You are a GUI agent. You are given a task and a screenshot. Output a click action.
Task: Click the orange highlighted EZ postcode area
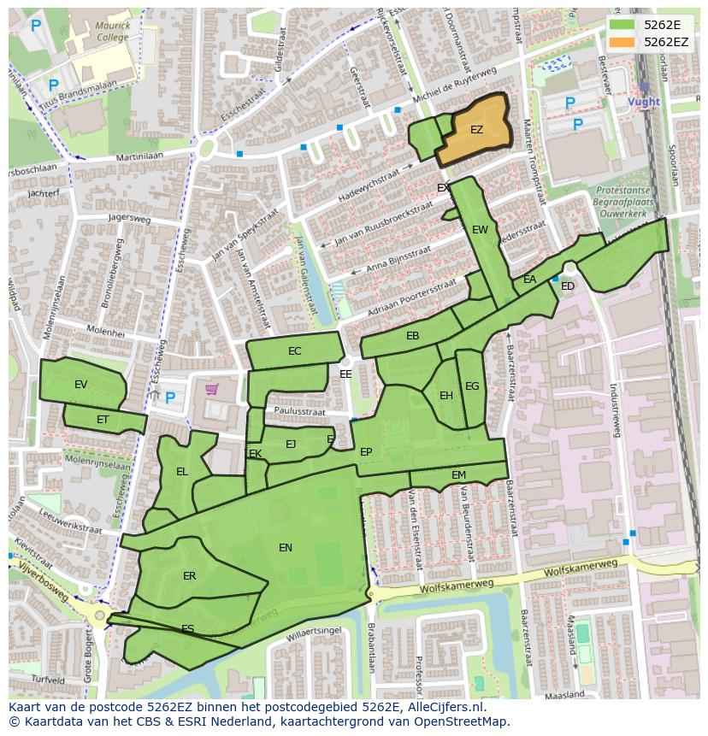point(475,130)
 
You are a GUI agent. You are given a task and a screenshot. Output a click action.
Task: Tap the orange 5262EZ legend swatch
point(622,42)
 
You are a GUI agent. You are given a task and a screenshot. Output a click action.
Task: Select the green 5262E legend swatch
point(622,25)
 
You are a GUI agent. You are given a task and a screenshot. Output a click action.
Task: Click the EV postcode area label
point(81,385)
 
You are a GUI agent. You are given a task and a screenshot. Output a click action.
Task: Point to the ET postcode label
point(103,420)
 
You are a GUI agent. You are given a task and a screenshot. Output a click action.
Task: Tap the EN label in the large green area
point(286,548)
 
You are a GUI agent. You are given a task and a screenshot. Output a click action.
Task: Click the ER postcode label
point(189,576)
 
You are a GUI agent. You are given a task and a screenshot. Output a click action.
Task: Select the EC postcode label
point(295,351)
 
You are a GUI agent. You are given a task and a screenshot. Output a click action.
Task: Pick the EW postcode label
point(480,230)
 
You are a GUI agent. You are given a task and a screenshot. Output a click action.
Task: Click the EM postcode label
point(458,475)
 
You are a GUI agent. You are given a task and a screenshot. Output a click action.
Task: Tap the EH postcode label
point(445,396)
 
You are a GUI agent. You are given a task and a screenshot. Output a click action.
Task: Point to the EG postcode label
point(472,386)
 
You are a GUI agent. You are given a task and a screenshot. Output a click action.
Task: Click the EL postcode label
point(182,472)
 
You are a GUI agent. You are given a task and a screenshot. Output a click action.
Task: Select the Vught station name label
point(643,102)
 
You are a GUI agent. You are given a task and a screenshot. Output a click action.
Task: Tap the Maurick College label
point(113,32)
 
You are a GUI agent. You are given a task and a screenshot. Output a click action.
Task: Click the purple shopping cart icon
point(211,390)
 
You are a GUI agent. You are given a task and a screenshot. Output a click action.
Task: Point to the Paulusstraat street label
point(300,411)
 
